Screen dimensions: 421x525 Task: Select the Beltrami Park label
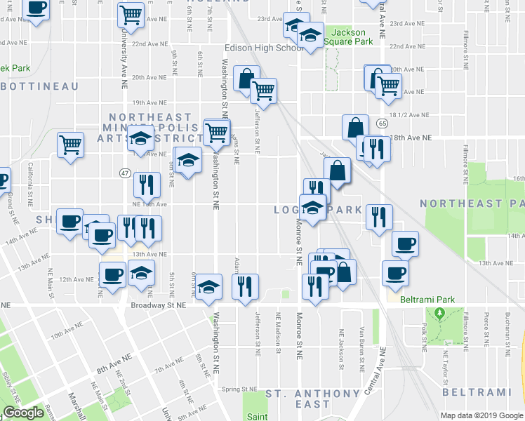427,300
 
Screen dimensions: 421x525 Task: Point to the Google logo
23,413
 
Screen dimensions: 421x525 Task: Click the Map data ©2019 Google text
482,415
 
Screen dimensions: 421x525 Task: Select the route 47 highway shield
125,173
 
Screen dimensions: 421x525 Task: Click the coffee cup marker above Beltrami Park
395,272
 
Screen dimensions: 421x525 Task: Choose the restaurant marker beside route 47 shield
146,185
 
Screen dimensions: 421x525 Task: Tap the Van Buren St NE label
361,349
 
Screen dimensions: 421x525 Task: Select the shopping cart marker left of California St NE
70,145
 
